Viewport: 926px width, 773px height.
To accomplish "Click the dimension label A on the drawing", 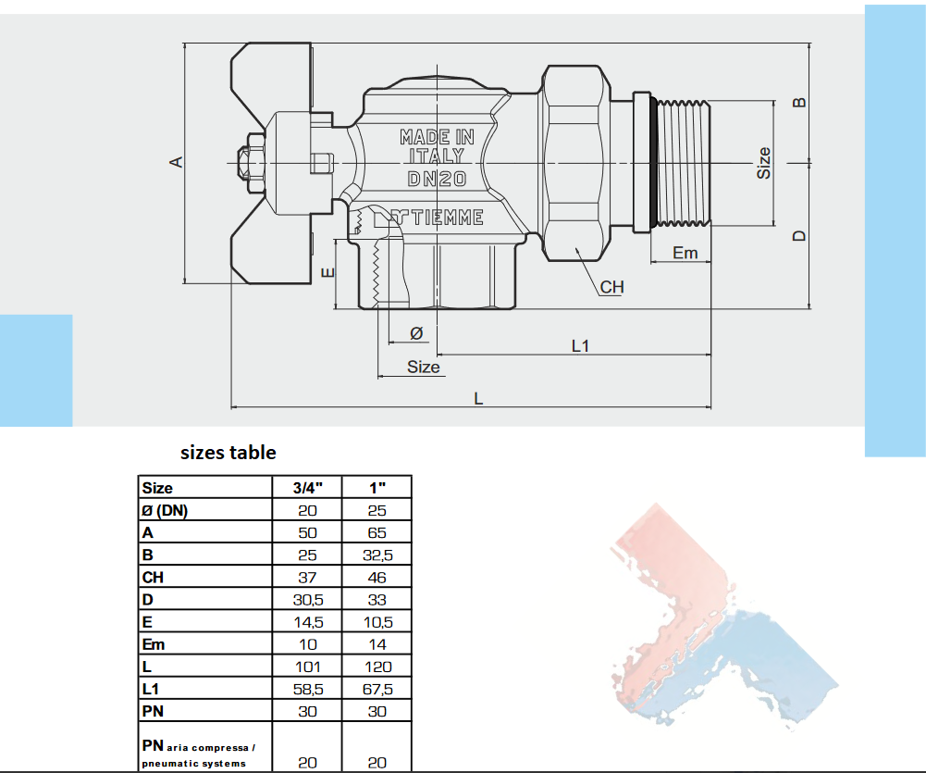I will pos(179,162).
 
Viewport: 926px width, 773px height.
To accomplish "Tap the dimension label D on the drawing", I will pos(801,236).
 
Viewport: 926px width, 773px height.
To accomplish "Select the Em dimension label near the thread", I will pos(685,252).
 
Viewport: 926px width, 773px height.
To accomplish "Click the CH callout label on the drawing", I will pos(612,287).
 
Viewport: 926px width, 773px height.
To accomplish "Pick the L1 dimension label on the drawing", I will pos(581,345).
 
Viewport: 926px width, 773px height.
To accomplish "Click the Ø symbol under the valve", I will pos(415,332).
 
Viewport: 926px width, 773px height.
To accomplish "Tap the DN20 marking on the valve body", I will pos(437,179).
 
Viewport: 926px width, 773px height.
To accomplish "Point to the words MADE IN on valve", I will pos(437,137).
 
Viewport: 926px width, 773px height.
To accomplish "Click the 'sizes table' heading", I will pos(228,453).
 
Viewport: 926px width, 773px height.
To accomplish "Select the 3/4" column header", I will pos(308,488).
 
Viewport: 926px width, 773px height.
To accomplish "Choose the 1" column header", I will pos(377,488).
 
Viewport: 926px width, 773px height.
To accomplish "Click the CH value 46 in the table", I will pos(377,577).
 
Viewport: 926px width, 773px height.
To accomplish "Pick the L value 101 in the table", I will pos(308,667).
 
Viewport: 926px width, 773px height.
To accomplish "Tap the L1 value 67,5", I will pos(377,689).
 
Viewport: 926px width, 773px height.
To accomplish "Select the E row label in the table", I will pos(146,622).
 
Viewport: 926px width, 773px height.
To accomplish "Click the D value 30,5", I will pos(308,600).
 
